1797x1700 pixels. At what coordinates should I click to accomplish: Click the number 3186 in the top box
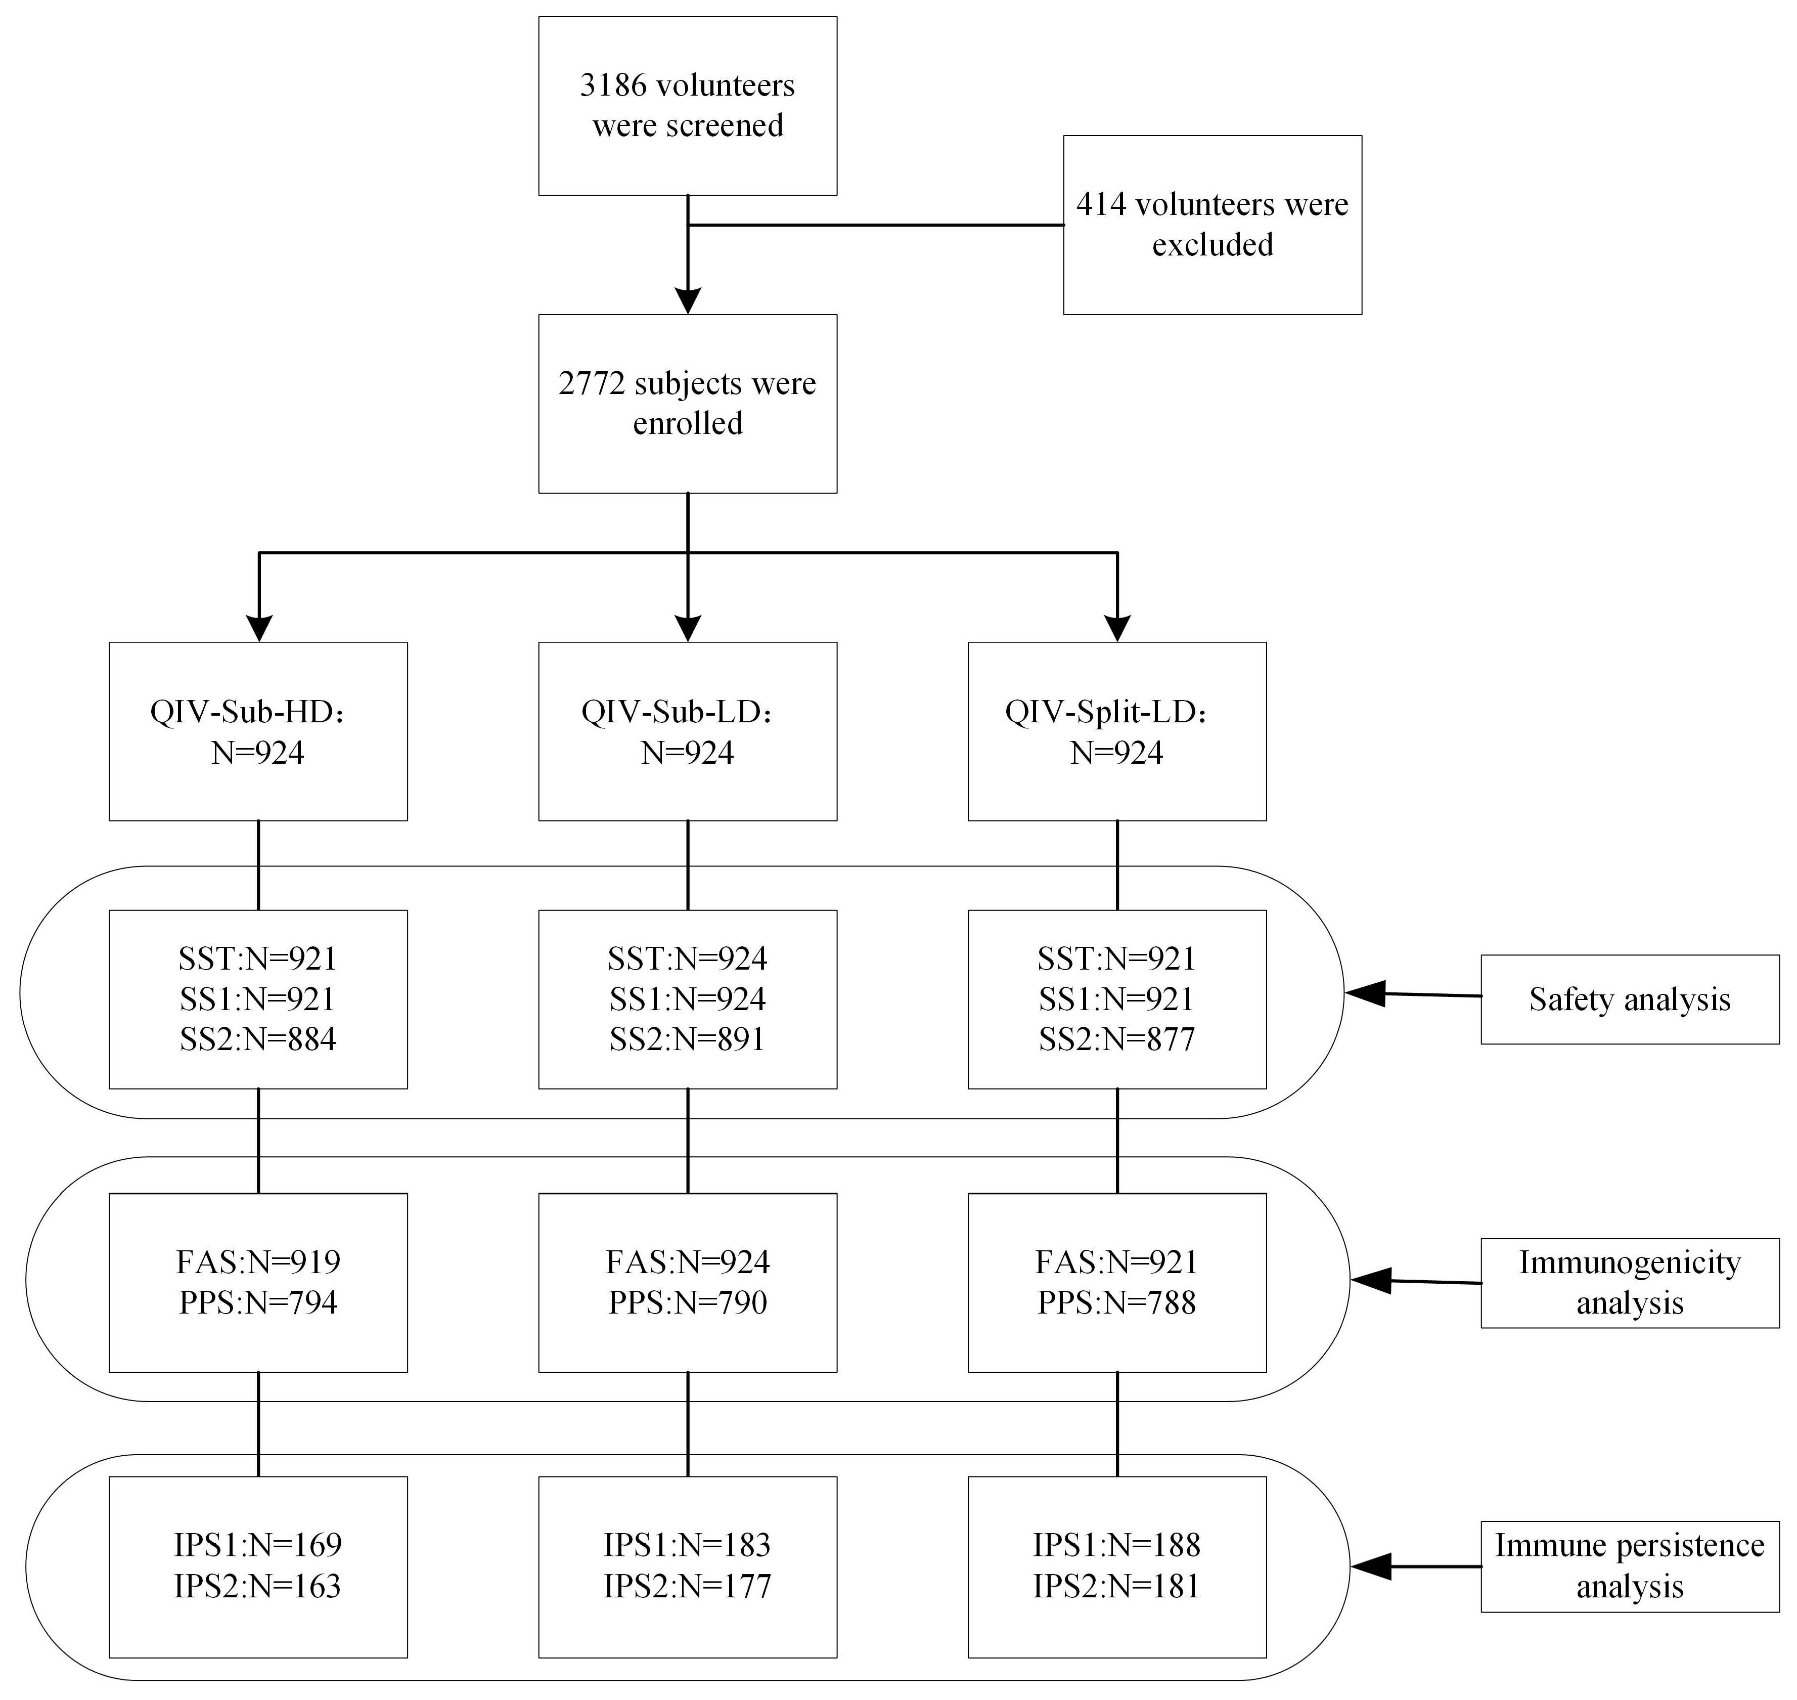[613, 85]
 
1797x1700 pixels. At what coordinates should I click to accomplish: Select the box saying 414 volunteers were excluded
[1212, 225]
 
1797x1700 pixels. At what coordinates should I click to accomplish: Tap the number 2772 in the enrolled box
[592, 383]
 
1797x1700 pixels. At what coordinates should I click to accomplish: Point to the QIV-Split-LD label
[1105, 712]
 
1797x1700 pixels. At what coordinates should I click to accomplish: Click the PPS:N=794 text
[258, 1302]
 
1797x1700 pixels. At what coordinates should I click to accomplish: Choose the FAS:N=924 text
[688, 1261]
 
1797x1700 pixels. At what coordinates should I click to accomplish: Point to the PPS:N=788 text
[1117, 1302]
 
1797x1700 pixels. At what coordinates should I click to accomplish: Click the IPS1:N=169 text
[258, 1545]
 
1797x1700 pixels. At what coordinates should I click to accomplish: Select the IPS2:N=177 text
[688, 1586]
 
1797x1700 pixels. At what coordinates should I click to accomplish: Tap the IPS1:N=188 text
[1117, 1545]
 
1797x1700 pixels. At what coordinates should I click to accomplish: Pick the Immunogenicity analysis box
[1630, 1282]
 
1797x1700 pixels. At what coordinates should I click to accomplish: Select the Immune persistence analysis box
[1630, 1566]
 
